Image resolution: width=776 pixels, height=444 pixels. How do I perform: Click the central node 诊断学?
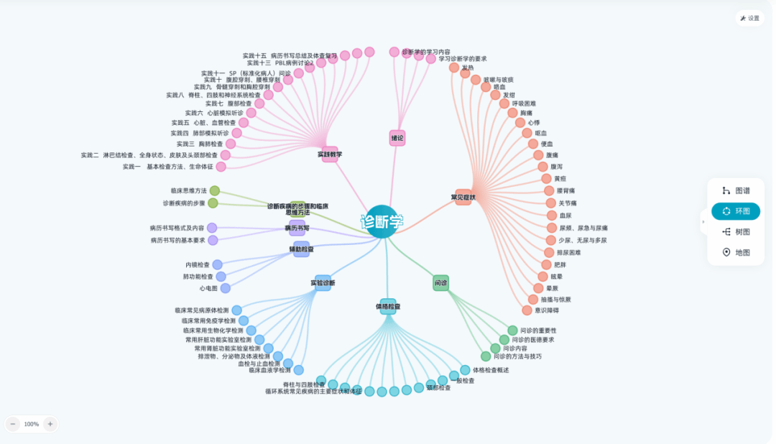point(382,221)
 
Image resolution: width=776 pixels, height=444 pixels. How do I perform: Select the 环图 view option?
point(736,211)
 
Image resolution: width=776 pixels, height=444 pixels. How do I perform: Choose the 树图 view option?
point(736,232)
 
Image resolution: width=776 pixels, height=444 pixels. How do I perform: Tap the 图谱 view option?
point(736,191)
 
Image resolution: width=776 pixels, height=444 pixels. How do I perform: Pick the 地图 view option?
point(736,253)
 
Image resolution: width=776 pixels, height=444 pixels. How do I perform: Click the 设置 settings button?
point(749,18)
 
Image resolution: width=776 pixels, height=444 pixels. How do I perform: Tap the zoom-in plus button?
point(50,424)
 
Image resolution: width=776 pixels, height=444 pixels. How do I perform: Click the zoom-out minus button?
point(13,424)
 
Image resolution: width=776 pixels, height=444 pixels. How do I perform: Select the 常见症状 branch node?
point(463,197)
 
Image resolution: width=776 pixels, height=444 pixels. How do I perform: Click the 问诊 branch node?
point(440,283)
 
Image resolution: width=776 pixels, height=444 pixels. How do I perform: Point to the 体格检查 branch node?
point(388,306)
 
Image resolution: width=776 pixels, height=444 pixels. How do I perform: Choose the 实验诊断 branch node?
point(323,282)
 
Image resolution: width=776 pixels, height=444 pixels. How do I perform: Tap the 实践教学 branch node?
point(330,154)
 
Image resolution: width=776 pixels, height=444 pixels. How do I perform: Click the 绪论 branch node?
point(397,137)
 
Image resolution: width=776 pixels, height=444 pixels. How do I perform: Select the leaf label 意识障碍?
point(547,310)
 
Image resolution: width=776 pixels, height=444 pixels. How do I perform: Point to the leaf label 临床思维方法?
point(188,190)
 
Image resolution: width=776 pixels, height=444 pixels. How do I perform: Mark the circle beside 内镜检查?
point(217,264)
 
